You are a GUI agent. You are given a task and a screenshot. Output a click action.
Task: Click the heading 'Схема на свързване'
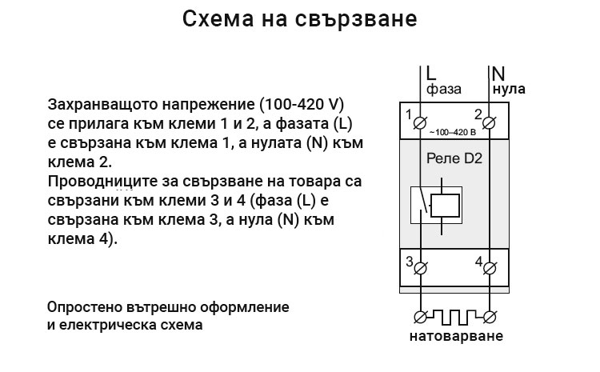(300, 18)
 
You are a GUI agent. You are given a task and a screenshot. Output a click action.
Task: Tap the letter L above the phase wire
(431, 73)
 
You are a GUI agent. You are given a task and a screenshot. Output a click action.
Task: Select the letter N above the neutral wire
(498, 74)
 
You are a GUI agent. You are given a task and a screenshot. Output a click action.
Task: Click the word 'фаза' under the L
(444, 90)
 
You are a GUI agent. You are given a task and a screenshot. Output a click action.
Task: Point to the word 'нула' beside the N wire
(509, 89)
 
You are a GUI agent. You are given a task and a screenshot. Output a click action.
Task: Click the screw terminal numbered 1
(420, 123)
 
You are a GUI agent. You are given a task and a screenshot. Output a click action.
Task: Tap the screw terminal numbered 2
(489, 123)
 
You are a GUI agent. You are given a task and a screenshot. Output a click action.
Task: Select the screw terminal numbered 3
(421, 269)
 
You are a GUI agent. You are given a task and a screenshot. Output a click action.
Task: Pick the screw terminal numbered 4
(490, 269)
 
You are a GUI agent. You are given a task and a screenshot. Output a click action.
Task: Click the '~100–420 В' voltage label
(453, 133)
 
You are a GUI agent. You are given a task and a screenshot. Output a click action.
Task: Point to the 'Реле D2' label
(454, 158)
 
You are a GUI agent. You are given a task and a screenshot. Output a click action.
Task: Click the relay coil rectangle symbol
(445, 206)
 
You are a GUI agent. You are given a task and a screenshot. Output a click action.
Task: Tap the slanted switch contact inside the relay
(423, 199)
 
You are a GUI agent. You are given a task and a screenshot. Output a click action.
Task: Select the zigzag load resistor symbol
(455, 317)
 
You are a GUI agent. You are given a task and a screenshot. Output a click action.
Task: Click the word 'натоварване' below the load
(456, 336)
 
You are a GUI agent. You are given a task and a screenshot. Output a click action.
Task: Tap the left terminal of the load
(421, 317)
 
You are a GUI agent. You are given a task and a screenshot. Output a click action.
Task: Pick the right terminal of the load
(490, 317)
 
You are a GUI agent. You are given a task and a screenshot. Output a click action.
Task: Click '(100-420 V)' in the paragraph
(302, 104)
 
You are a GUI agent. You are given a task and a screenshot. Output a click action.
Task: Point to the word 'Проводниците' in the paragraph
(102, 182)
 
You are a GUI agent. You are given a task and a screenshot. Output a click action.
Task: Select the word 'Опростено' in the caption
(84, 307)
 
